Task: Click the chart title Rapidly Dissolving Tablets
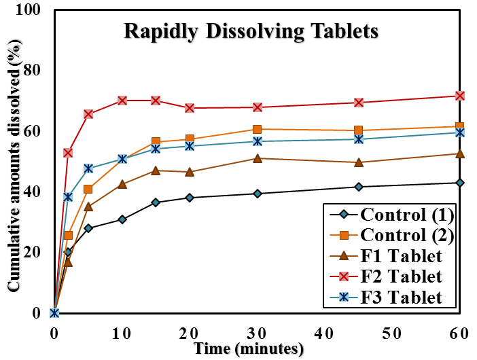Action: (250, 31)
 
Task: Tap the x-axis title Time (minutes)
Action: (247, 348)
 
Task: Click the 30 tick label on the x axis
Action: (257, 333)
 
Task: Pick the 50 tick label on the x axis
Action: (392, 333)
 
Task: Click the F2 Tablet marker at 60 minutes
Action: (459, 96)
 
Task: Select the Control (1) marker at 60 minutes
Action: (459, 183)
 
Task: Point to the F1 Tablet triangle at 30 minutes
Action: (257, 158)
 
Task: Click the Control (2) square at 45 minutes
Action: (358, 130)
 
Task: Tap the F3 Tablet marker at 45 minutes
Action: (358, 139)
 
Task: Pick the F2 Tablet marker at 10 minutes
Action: (122, 101)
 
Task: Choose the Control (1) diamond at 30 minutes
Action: (257, 194)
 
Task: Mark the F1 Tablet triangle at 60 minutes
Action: (459, 154)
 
